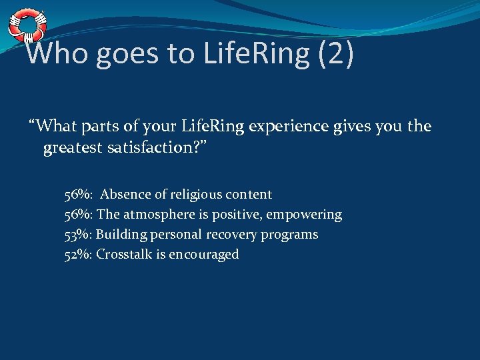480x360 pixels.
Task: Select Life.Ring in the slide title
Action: (257, 53)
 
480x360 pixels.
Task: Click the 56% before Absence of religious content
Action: (78, 195)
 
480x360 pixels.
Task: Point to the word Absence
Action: (125, 195)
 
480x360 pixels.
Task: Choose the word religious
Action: (195, 195)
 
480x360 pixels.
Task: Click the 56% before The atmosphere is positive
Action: (78, 215)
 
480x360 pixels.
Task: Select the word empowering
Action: (304, 215)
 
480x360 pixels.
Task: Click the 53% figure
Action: (78, 235)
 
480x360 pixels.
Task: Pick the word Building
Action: (123, 235)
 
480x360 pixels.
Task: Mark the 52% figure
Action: (78, 255)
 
